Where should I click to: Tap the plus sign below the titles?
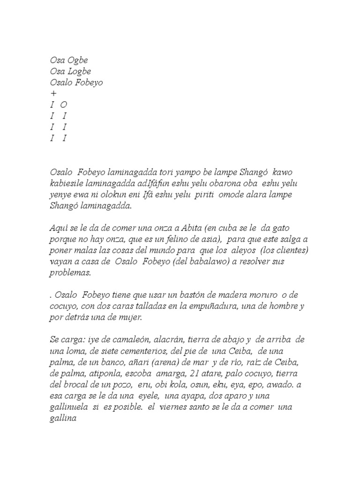[53, 94]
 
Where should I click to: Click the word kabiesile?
[68, 183]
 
